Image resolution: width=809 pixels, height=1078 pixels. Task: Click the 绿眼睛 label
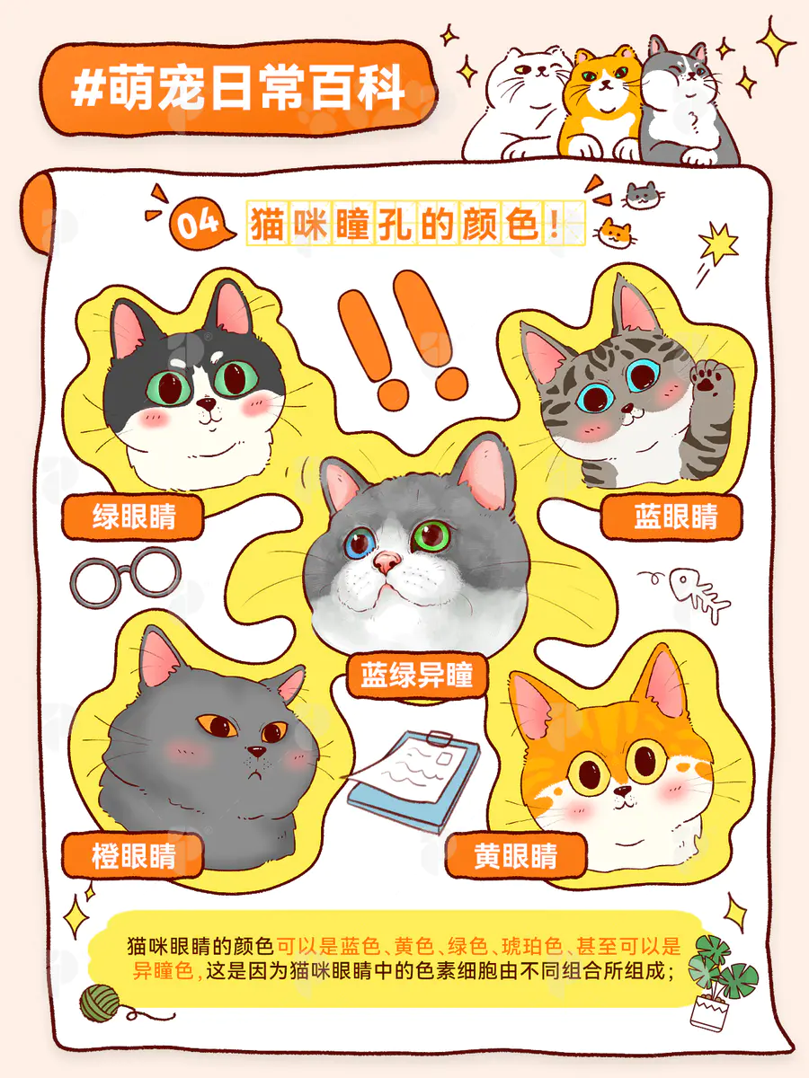(133, 517)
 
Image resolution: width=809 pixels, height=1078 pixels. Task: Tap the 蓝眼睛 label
(672, 517)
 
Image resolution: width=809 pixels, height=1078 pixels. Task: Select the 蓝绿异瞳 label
(417, 675)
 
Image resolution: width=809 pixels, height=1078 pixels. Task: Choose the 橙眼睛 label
(133, 855)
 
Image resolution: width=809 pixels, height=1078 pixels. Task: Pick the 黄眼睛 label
(517, 855)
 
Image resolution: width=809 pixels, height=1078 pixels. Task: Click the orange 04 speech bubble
(200, 224)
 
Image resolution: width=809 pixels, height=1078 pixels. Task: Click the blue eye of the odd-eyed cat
(360, 543)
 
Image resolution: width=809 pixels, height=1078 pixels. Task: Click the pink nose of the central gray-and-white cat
(387, 561)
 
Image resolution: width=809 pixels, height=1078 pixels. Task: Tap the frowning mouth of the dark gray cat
(255, 775)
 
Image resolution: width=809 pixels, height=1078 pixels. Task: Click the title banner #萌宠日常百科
(237, 89)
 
